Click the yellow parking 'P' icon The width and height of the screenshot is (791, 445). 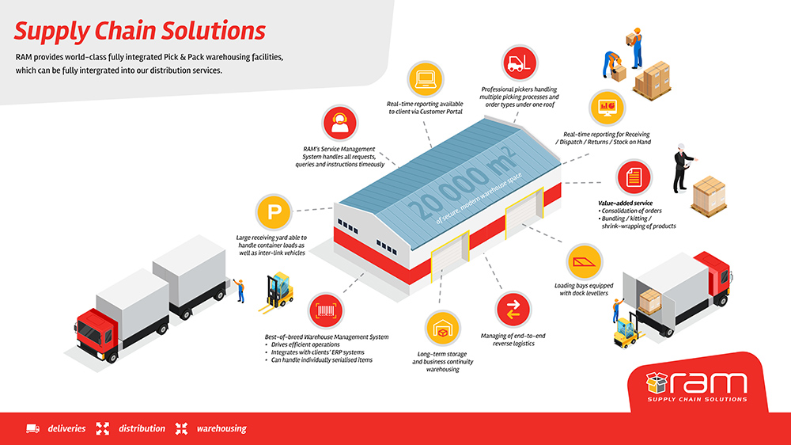tap(274, 212)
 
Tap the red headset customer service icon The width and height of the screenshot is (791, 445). tap(340, 124)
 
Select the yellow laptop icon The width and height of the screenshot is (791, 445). tap(426, 79)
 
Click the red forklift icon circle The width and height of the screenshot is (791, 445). tap(520, 63)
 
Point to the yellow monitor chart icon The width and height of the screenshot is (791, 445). tap(607, 108)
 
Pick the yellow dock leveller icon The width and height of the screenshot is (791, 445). tap(585, 261)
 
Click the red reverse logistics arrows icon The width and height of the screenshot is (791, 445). tap(513, 309)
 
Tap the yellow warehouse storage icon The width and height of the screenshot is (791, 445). tap(442, 329)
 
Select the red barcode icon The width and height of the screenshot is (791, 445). tap(326, 310)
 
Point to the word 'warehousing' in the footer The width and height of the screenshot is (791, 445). tap(221, 429)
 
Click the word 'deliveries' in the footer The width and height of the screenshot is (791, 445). tap(66, 429)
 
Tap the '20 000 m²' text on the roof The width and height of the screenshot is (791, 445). tap(463, 184)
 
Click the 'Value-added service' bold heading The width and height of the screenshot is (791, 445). tap(625, 203)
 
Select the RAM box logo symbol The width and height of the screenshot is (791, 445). tap(657, 383)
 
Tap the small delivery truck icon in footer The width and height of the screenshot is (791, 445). tap(32, 429)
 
